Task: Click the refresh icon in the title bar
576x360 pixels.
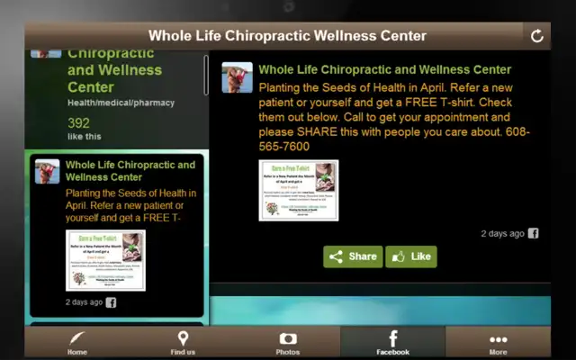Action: (537, 36)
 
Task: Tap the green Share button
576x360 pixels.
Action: (353, 256)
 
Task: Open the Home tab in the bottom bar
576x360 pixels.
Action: (77, 343)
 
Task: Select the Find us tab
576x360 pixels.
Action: (183, 343)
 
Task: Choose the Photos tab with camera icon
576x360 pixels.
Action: (288, 343)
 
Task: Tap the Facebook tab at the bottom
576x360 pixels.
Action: (392, 343)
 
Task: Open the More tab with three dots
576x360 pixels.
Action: (498, 343)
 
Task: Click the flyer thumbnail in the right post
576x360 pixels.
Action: (298, 190)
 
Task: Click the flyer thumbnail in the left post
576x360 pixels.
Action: (105, 260)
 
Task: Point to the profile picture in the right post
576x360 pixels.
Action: (238, 78)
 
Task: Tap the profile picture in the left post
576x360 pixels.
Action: (47, 171)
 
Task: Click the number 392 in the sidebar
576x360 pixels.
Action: (78, 123)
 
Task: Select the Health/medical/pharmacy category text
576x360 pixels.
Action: (121, 103)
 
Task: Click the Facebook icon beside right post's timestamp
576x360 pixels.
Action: (533, 233)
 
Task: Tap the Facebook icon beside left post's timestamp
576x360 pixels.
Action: (111, 302)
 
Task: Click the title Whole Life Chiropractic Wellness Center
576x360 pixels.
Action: (287, 36)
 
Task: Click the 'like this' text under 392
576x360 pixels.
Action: (85, 137)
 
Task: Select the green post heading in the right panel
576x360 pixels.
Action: (384, 69)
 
